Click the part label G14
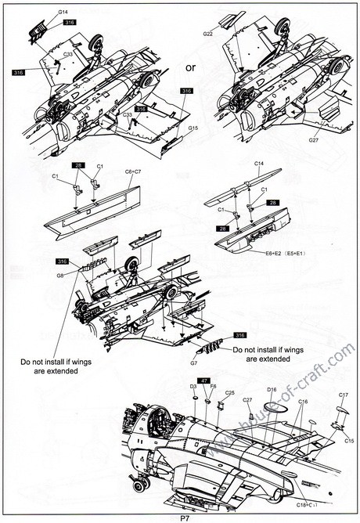[62, 13]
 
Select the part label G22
[208, 34]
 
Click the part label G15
[193, 128]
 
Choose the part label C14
[261, 163]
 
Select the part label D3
[193, 387]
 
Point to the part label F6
[212, 387]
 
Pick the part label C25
[230, 393]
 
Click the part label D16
[272, 389]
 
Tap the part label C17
[343, 395]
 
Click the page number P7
[185, 517]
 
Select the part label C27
[247, 400]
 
